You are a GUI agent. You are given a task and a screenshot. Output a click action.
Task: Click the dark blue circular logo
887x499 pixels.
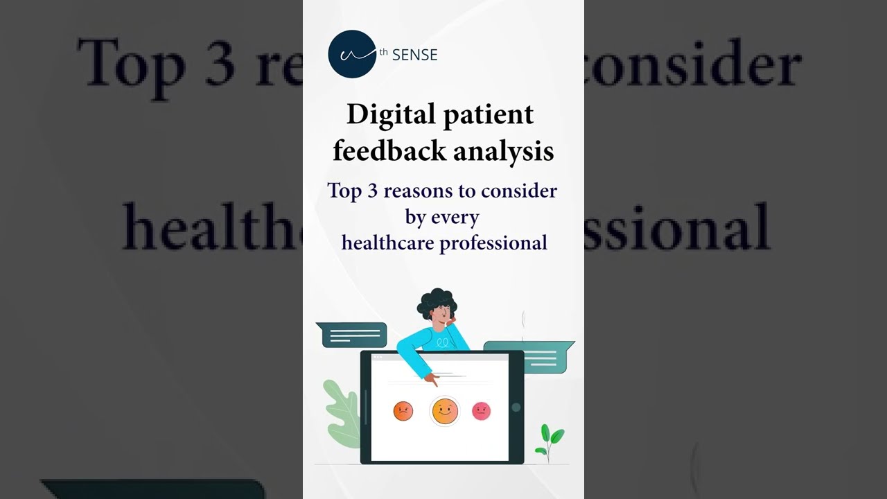pyautogui.click(x=352, y=54)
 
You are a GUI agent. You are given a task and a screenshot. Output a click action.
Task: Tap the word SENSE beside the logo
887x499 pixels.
pyautogui.click(x=414, y=55)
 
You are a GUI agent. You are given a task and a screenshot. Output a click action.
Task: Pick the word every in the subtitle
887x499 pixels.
pyautogui.click(x=455, y=217)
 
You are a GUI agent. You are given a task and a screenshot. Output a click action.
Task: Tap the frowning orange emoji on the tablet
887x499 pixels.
pyautogui.click(x=403, y=412)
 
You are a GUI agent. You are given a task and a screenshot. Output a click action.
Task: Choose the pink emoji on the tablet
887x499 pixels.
pyautogui.click(x=481, y=411)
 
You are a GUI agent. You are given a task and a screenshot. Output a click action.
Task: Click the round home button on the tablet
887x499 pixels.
pyautogui.click(x=516, y=408)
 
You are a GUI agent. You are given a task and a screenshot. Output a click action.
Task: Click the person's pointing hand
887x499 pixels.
pyautogui.click(x=431, y=379)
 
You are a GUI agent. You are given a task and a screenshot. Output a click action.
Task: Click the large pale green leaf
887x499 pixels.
pyautogui.click(x=342, y=413)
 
